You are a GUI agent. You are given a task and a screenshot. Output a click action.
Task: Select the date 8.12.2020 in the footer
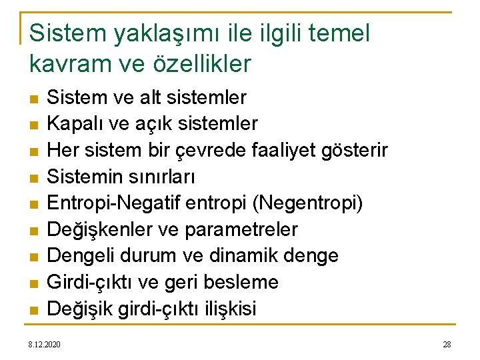click(x=44, y=344)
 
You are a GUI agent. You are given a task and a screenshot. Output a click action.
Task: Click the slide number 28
click(x=447, y=344)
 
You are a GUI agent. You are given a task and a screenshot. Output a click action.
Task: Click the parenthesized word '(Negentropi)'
click(x=310, y=203)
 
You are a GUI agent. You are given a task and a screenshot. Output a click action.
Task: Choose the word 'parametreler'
click(x=240, y=229)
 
